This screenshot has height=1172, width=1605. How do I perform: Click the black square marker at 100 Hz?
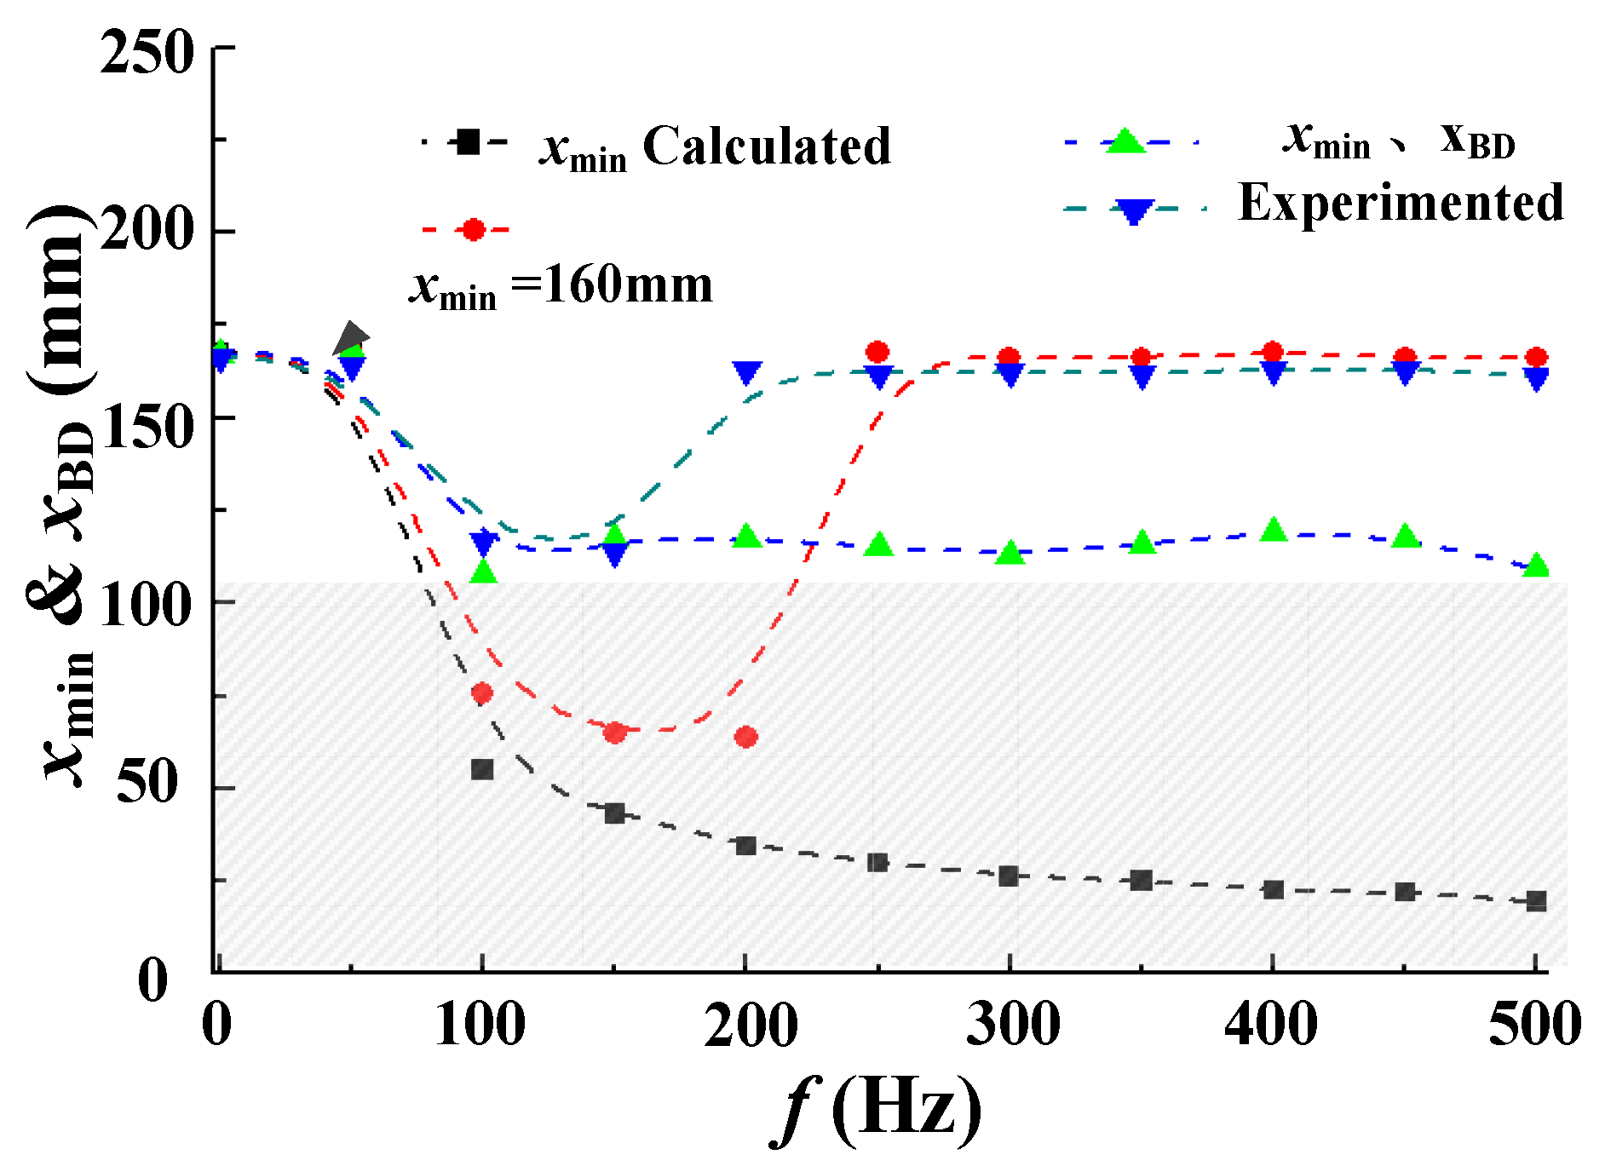482,769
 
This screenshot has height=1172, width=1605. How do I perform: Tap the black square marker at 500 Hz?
1536,901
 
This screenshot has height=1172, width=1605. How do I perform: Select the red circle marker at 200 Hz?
745,737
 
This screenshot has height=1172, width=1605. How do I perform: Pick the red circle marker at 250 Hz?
877,352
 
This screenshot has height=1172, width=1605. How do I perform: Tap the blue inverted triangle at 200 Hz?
746,372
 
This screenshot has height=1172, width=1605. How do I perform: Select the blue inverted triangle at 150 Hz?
614,554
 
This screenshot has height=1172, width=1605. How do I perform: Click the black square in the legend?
466,141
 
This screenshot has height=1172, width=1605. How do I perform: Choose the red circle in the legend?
473,229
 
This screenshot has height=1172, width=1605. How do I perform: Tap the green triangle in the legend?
1125,142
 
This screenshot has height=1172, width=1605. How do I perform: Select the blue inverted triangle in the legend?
1133,210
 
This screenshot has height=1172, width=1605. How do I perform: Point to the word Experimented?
1400,203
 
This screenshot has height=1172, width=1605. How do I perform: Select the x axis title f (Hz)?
877,1109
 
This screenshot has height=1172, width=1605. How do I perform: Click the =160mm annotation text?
612,284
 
